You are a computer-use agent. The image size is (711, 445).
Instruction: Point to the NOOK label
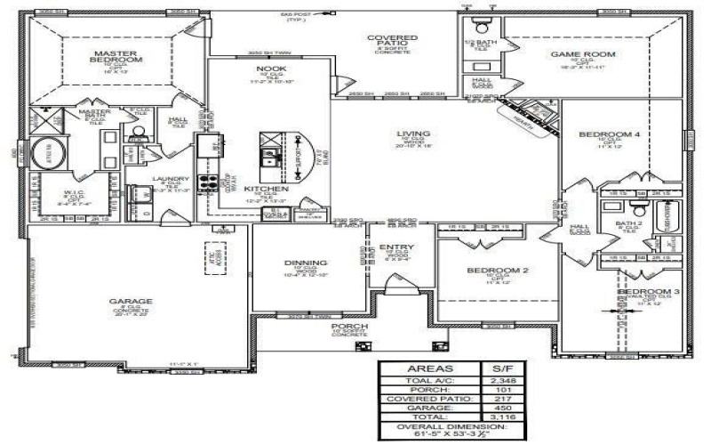pos(270,69)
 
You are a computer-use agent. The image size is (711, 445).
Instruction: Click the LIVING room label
pos(413,134)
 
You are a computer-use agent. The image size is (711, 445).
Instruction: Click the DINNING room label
pos(305,263)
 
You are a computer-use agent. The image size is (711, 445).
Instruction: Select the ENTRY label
pos(393,247)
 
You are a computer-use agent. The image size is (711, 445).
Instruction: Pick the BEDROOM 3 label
pos(649,292)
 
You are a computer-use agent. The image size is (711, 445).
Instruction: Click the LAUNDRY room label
pos(168,179)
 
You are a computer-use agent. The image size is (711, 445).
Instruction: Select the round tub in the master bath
pos(47,152)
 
